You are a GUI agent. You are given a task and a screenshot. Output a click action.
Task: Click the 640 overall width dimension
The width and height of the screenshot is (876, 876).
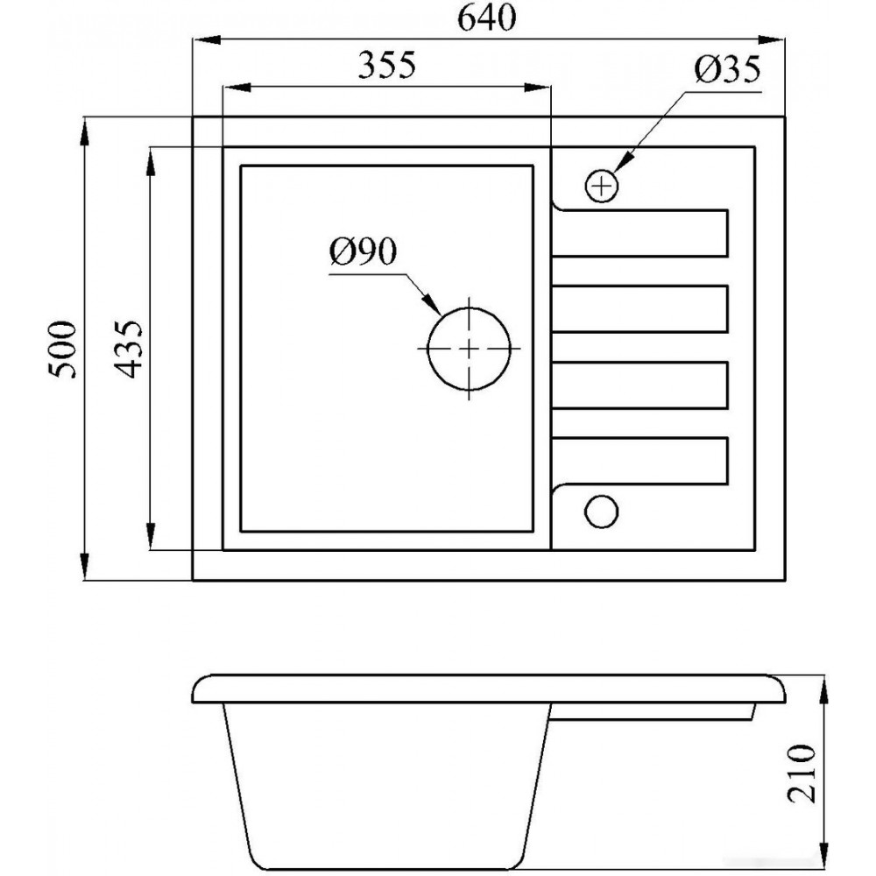[x=486, y=19]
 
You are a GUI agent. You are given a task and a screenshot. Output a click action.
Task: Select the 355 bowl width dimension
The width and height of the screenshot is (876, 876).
[x=386, y=66]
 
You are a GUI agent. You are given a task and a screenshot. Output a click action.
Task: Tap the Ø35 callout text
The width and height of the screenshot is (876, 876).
[x=727, y=70]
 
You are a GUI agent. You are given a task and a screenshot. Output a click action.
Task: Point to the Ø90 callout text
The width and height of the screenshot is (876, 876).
[x=364, y=251]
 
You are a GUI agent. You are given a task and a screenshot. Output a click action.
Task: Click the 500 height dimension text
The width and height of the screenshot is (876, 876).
[x=62, y=350]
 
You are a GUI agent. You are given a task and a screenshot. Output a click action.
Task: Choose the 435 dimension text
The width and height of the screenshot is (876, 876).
[x=129, y=350]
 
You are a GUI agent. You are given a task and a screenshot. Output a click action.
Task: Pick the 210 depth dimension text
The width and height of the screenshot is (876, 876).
[x=802, y=774]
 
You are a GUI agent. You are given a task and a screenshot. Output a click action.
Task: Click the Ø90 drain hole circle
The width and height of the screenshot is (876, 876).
[x=427, y=348]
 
